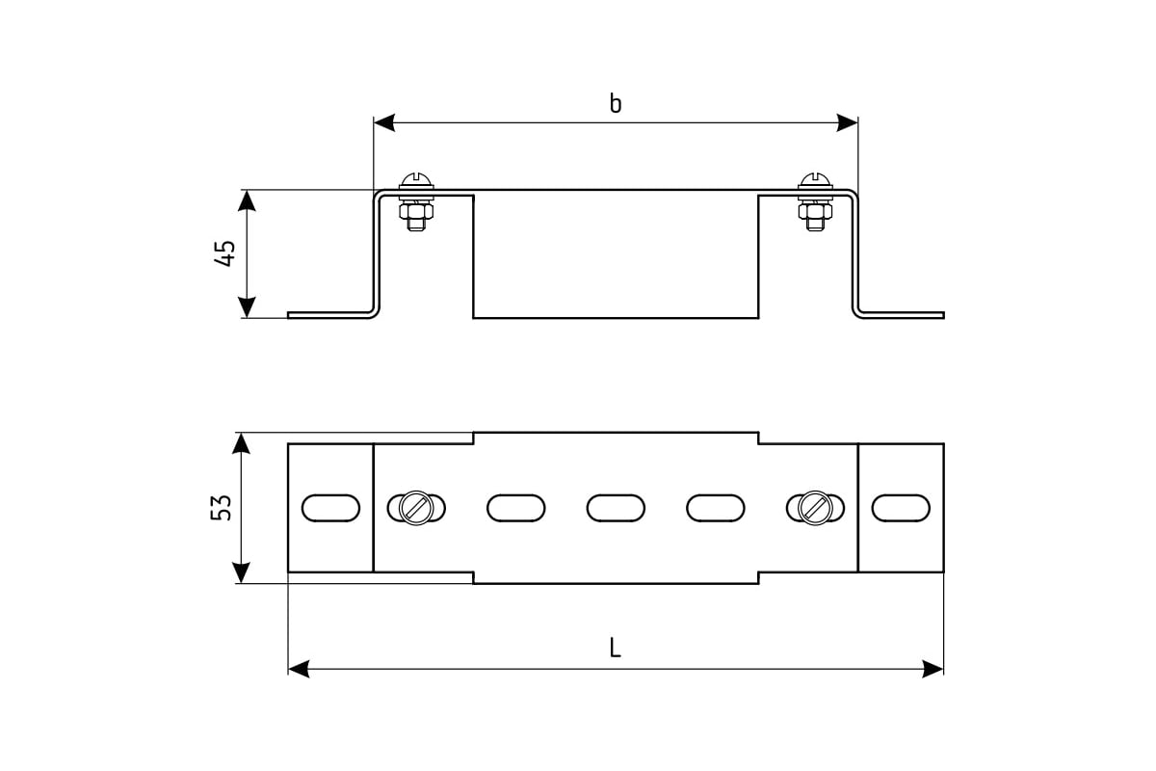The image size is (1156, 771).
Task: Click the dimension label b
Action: pyautogui.click(x=616, y=103)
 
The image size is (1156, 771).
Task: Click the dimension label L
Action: pyautogui.click(x=615, y=648)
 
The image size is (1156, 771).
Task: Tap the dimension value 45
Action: pyautogui.click(x=224, y=253)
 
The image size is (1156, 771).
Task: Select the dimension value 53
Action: pyautogui.click(x=221, y=508)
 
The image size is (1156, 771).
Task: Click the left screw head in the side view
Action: pyautogui.click(x=416, y=181)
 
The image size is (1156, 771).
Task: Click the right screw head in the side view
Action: pyautogui.click(x=815, y=181)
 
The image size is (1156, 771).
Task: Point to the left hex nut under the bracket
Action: pyautogui.click(x=416, y=211)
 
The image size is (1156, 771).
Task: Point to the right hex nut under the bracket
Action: pyautogui.click(x=815, y=211)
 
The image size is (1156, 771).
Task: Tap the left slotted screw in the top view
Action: pyautogui.click(x=416, y=508)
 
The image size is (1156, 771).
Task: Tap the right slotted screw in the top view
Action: pyautogui.click(x=815, y=508)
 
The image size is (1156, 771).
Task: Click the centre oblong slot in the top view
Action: pyautogui.click(x=616, y=508)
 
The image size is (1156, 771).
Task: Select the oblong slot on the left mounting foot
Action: pyautogui.click(x=330, y=508)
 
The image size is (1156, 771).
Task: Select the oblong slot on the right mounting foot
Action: pyautogui.click(x=901, y=508)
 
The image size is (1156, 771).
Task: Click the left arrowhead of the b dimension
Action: pyautogui.click(x=384, y=123)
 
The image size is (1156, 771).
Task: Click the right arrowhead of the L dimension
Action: pyautogui.click(x=933, y=669)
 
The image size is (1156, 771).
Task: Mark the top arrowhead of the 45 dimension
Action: pyautogui.click(x=247, y=200)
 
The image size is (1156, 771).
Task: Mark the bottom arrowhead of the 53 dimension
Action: pyautogui.click(x=241, y=572)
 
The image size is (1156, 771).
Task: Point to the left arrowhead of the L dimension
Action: pyautogui.click(x=299, y=669)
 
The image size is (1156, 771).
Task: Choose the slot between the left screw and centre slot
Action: pyautogui.click(x=516, y=508)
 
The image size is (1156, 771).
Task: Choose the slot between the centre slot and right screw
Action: pyautogui.click(x=716, y=508)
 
